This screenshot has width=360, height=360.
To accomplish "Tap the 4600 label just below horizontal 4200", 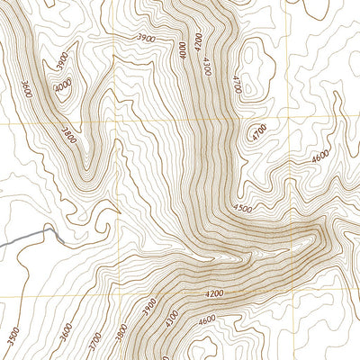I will [x=207, y=319].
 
